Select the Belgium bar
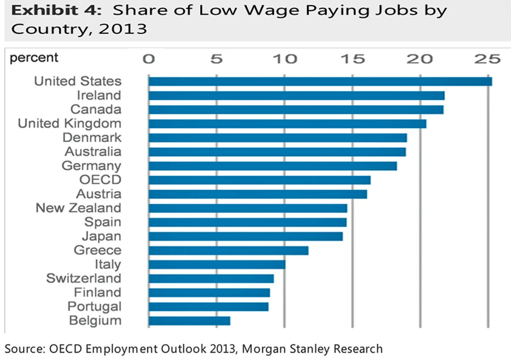pyautogui.click(x=189, y=320)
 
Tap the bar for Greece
pyautogui.click(x=228, y=250)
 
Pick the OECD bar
pyautogui.click(x=259, y=180)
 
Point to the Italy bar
pyautogui.click(x=217, y=264)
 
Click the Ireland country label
pyautogui.click(x=99, y=95)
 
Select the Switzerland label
pyautogui.click(x=83, y=278)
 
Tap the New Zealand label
pyautogui.click(x=78, y=208)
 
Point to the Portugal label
pyautogui.click(x=94, y=306)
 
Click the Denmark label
pyautogui.click(x=92, y=137)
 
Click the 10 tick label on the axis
pyautogui.click(x=285, y=59)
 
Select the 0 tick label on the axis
pyautogui.click(x=149, y=59)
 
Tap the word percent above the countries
pyautogui.click(x=34, y=57)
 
